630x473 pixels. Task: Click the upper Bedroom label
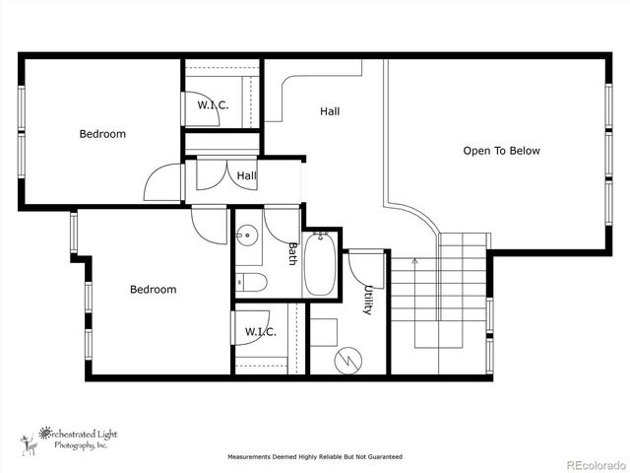pyautogui.click(x=102, y=134)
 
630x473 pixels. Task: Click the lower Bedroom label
pyautogui.click(x=154, y=290)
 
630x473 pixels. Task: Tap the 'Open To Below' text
pyautogui.click(x=501, y=151)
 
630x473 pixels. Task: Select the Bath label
pyautogui.click(x=292, y=255)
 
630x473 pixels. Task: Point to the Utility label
pyautogui.click(x=368, y=300)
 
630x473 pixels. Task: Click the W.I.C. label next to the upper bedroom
pyautogui.click(x=213, y=104)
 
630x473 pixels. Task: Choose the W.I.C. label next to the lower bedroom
pyautogui.click(x=260, y=332)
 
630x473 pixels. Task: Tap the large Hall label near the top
pyautogui.click(x=330, y=111)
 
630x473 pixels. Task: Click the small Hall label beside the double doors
pyautogui.click(x=246, y=175)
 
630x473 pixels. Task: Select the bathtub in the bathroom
pyautogui.click(x=321, y=263)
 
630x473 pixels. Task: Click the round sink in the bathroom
pyautogui.click(x=247, y=236)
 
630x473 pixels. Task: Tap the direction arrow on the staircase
pyautogui.click(x=414, y=262)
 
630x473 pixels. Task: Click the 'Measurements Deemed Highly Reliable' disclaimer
pyautogui.click(x=315, y=457)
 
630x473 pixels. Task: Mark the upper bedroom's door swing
pyautogui.click(x=164, y=183)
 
